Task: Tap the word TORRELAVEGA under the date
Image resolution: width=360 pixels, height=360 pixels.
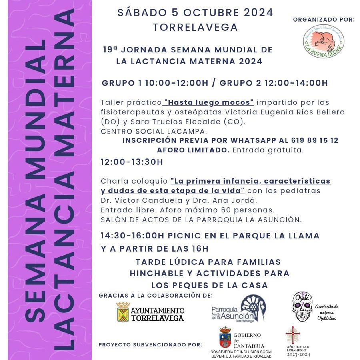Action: coord(195,28)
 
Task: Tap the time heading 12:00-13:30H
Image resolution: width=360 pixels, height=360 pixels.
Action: coord(132,162)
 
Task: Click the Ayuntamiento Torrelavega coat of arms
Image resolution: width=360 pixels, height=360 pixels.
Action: coord(123,312)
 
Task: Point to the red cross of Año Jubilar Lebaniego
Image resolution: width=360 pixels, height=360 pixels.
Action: coord(292,335)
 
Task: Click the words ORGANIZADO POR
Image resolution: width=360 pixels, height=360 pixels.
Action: coord(324,20)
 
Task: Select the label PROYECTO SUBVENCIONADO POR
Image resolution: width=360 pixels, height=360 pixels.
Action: coord(150,344)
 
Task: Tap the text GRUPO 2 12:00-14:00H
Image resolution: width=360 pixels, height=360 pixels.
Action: coord(274,83)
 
